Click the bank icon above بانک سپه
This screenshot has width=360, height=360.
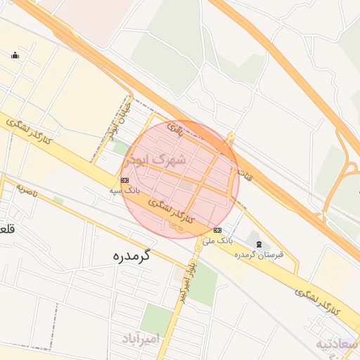124,180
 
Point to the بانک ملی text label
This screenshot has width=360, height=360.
217,240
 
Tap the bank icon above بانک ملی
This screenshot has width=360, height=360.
218,230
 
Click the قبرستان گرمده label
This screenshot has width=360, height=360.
259,255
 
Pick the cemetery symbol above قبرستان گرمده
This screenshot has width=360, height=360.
259,244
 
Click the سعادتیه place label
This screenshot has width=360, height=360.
338,344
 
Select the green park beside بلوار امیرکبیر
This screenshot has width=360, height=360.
203,285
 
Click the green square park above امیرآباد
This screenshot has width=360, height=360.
157,319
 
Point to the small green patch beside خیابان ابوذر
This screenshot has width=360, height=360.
121,148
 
